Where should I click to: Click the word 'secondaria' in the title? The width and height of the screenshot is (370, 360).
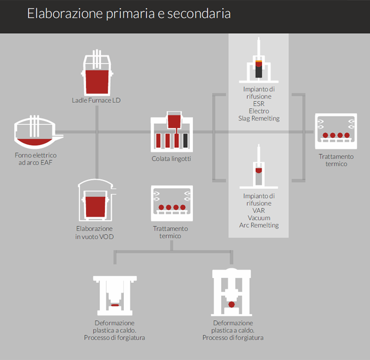pyautogui.click(x=203, y=13)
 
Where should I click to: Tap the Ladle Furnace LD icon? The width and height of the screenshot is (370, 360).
pyautogui.click(x=96, y=74)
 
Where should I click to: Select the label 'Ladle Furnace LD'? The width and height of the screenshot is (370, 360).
pyautogui.click(x=96, y=100)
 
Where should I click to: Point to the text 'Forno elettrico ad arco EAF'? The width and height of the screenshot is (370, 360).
pyautogui.click(x=36, y=159)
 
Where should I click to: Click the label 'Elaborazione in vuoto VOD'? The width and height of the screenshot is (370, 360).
pyautogui.click(x=95, y=232)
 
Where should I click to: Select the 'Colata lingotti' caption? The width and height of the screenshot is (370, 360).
pyautogui.click(x=171, y=159)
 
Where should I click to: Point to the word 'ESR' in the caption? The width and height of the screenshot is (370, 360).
pyautogui.click(x=259, y=104)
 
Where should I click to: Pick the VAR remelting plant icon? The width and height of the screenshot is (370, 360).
pyautogui.click(x=259, y=168)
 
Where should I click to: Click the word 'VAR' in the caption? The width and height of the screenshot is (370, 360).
pyautogui.click(x=259, y=211)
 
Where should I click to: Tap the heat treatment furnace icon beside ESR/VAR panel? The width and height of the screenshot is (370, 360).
pyautogui.click(x=336, y=131)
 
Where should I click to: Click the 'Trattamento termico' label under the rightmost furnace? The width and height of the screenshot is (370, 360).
pyautogui.click(x=336, y=160)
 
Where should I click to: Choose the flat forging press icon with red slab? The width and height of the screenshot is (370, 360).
pyautogui.click(x=114, y=295)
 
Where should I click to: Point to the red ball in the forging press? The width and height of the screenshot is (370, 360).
pyautogui.click(x=232, y=304)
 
